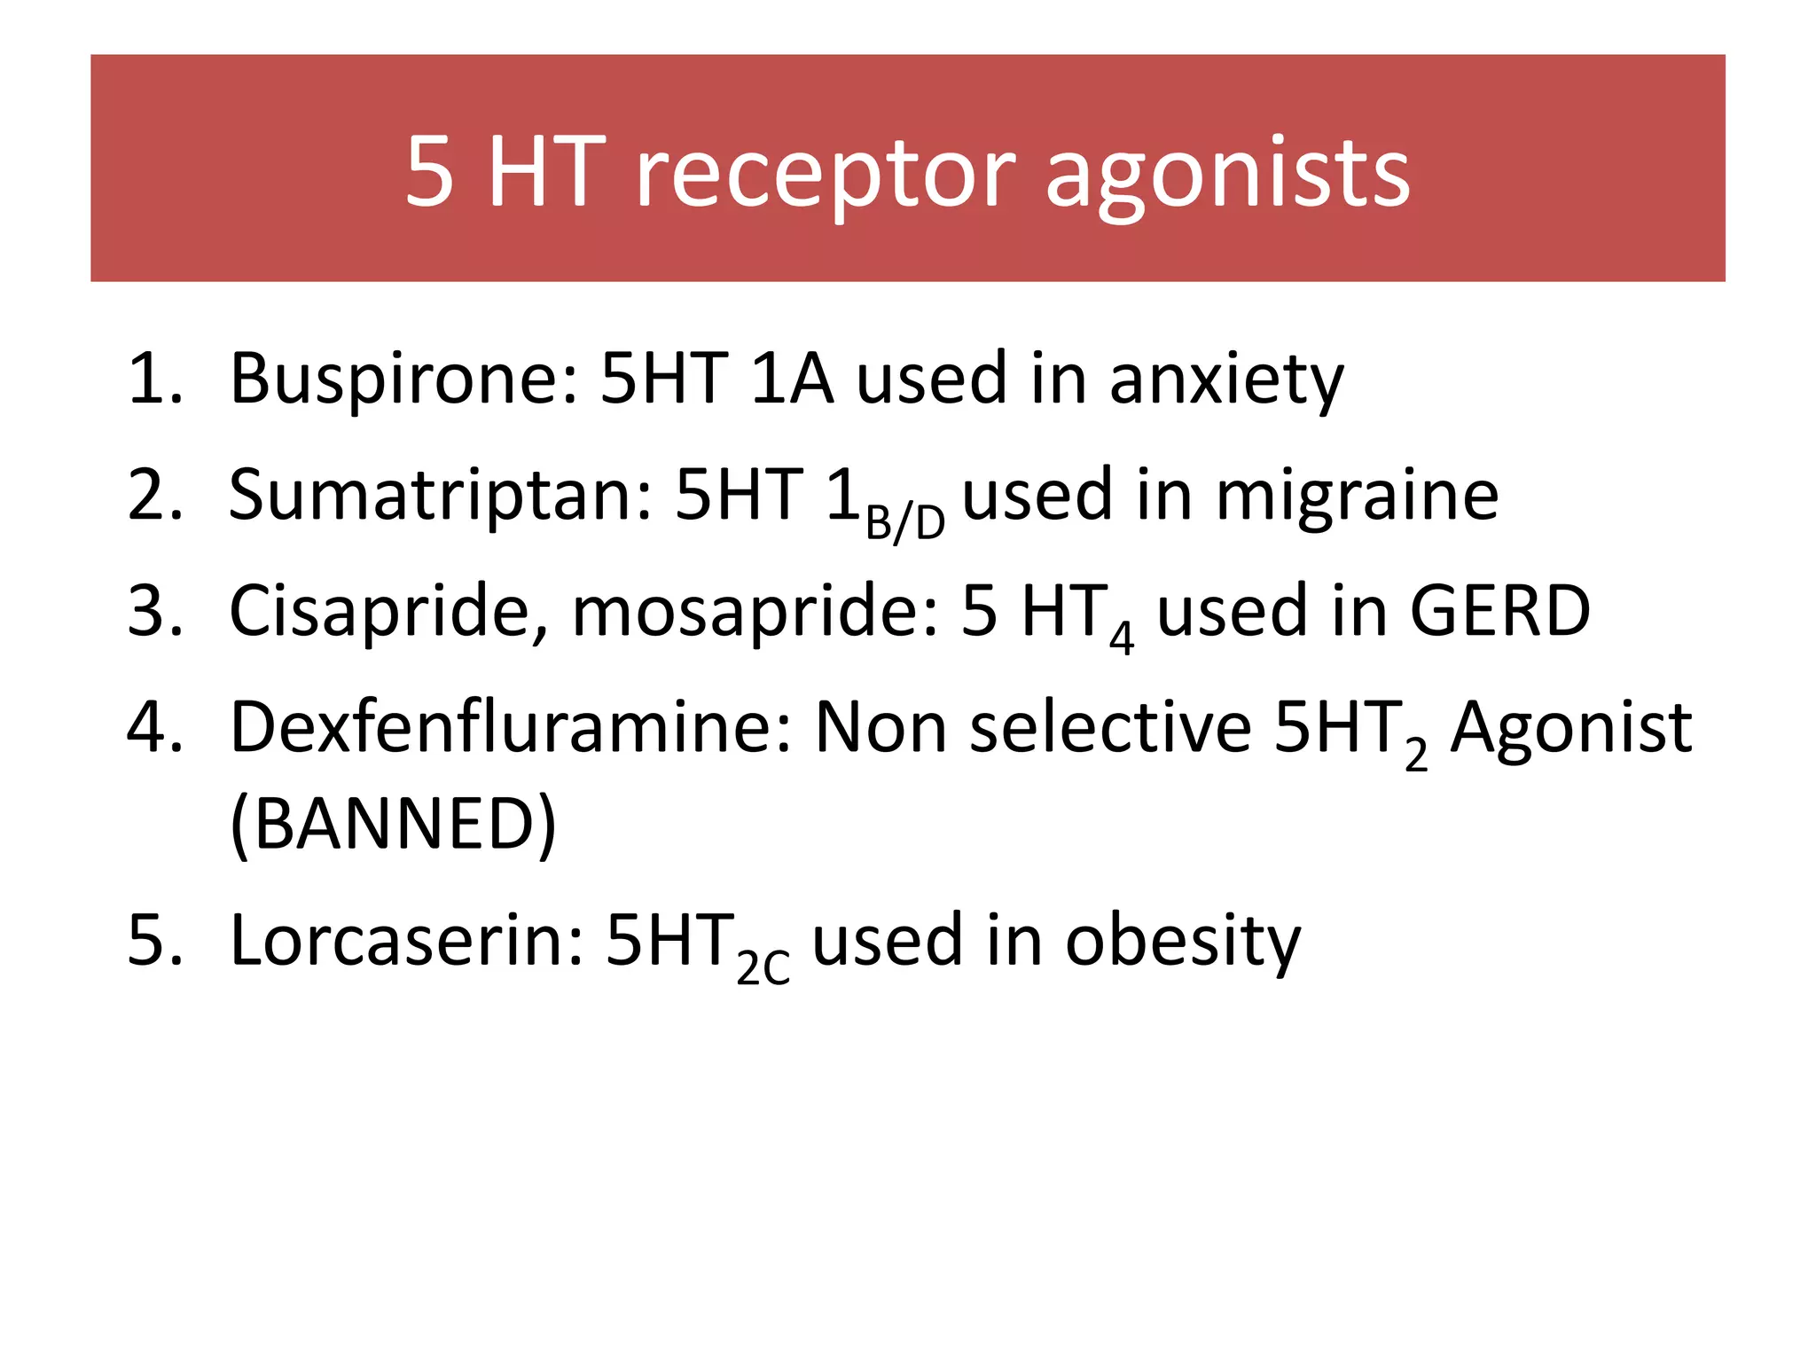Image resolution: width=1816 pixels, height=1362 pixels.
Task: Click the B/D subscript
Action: pos(904,523)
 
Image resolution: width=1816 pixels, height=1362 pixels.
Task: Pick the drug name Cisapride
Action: pos(380,611)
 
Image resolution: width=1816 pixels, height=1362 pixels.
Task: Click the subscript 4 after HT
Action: pos(1122,638)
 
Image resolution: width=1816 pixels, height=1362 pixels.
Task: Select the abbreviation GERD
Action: pos(1500,611)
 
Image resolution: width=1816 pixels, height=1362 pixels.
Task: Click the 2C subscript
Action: pos(763,968)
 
